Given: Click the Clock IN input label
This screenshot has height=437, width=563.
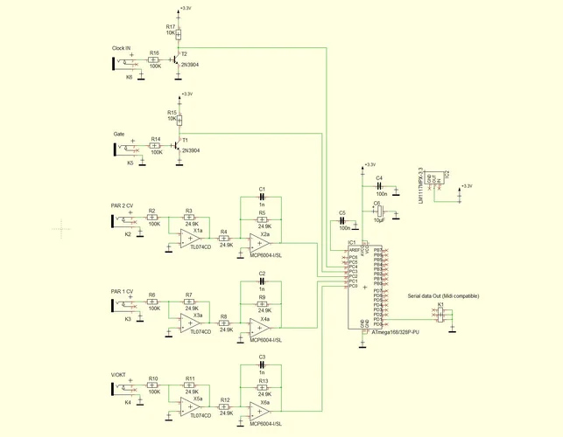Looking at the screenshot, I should (x=121, y=47).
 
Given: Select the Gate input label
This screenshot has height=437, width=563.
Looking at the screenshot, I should (x=119, y=134).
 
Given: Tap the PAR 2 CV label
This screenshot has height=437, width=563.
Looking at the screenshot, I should (x=123, y=205).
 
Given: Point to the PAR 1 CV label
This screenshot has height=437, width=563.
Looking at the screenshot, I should (x=123, y=290).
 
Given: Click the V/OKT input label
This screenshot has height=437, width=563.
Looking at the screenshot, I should (x=120, y=374).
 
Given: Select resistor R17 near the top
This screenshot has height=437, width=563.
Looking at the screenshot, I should (x=179, y=32).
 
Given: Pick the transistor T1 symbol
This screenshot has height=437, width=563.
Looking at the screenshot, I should (x=179, y=145).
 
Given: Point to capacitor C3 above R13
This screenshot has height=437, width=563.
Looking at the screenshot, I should (x=262, y=365).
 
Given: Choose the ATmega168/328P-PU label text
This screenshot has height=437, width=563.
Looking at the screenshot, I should (x=395, y=333).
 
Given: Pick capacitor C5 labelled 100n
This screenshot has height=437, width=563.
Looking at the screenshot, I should (x=342, y=220).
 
